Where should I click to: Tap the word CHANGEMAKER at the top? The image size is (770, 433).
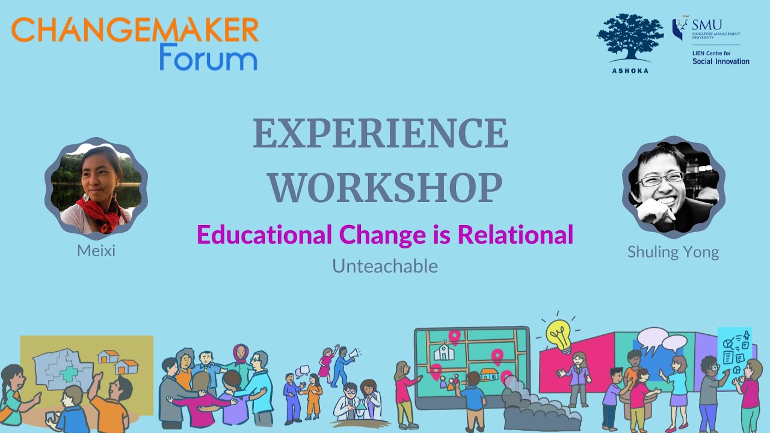tap(135, 29)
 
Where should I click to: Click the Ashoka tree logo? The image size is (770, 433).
tap(630, 38)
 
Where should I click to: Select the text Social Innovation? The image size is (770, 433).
tap(721, 61)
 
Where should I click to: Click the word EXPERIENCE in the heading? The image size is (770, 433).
tap(380, 134)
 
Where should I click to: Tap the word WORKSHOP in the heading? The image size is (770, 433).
tap(385, 188)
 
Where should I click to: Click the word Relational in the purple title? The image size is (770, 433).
tap(516, 235)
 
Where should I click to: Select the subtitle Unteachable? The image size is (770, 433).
tap(385, 266)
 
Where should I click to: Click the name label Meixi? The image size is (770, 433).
tap(96, 250)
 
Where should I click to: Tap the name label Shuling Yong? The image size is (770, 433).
tap(673, 251)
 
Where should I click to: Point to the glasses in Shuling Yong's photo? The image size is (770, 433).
tap(660, 179)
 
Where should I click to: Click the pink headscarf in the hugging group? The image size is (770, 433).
tap(240, 353)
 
